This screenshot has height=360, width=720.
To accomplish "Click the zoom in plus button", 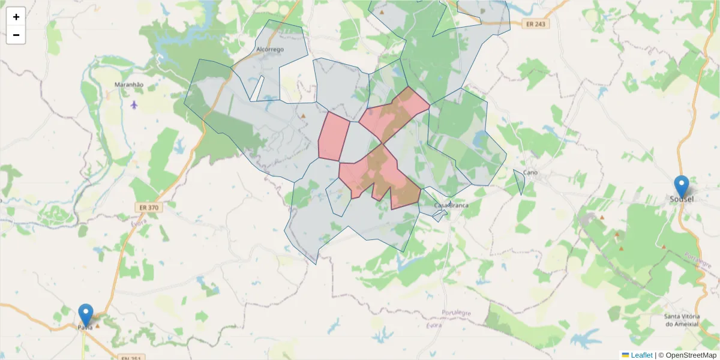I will click(16, 17).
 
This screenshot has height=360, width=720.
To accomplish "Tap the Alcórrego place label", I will click(269, 49).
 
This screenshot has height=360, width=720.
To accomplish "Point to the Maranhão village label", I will click(129, 85).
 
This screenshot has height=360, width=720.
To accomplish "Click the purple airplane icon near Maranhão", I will click(133, 104).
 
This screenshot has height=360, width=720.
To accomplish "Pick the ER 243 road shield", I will click(535, 24).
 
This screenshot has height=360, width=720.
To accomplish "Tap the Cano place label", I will click(530, 173).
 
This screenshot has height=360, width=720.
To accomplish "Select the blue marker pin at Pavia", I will click(86, 313).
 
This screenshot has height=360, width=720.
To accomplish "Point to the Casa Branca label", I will click(451, 205).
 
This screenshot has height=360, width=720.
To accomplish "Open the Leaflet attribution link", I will click(641, 355).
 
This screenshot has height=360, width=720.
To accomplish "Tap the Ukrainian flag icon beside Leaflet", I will click(625, 355).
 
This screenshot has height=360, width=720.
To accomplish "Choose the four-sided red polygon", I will click(333, 137).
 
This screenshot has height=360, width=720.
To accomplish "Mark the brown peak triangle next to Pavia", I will click(97, 327).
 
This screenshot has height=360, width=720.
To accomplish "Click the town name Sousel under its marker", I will click(681, 199).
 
